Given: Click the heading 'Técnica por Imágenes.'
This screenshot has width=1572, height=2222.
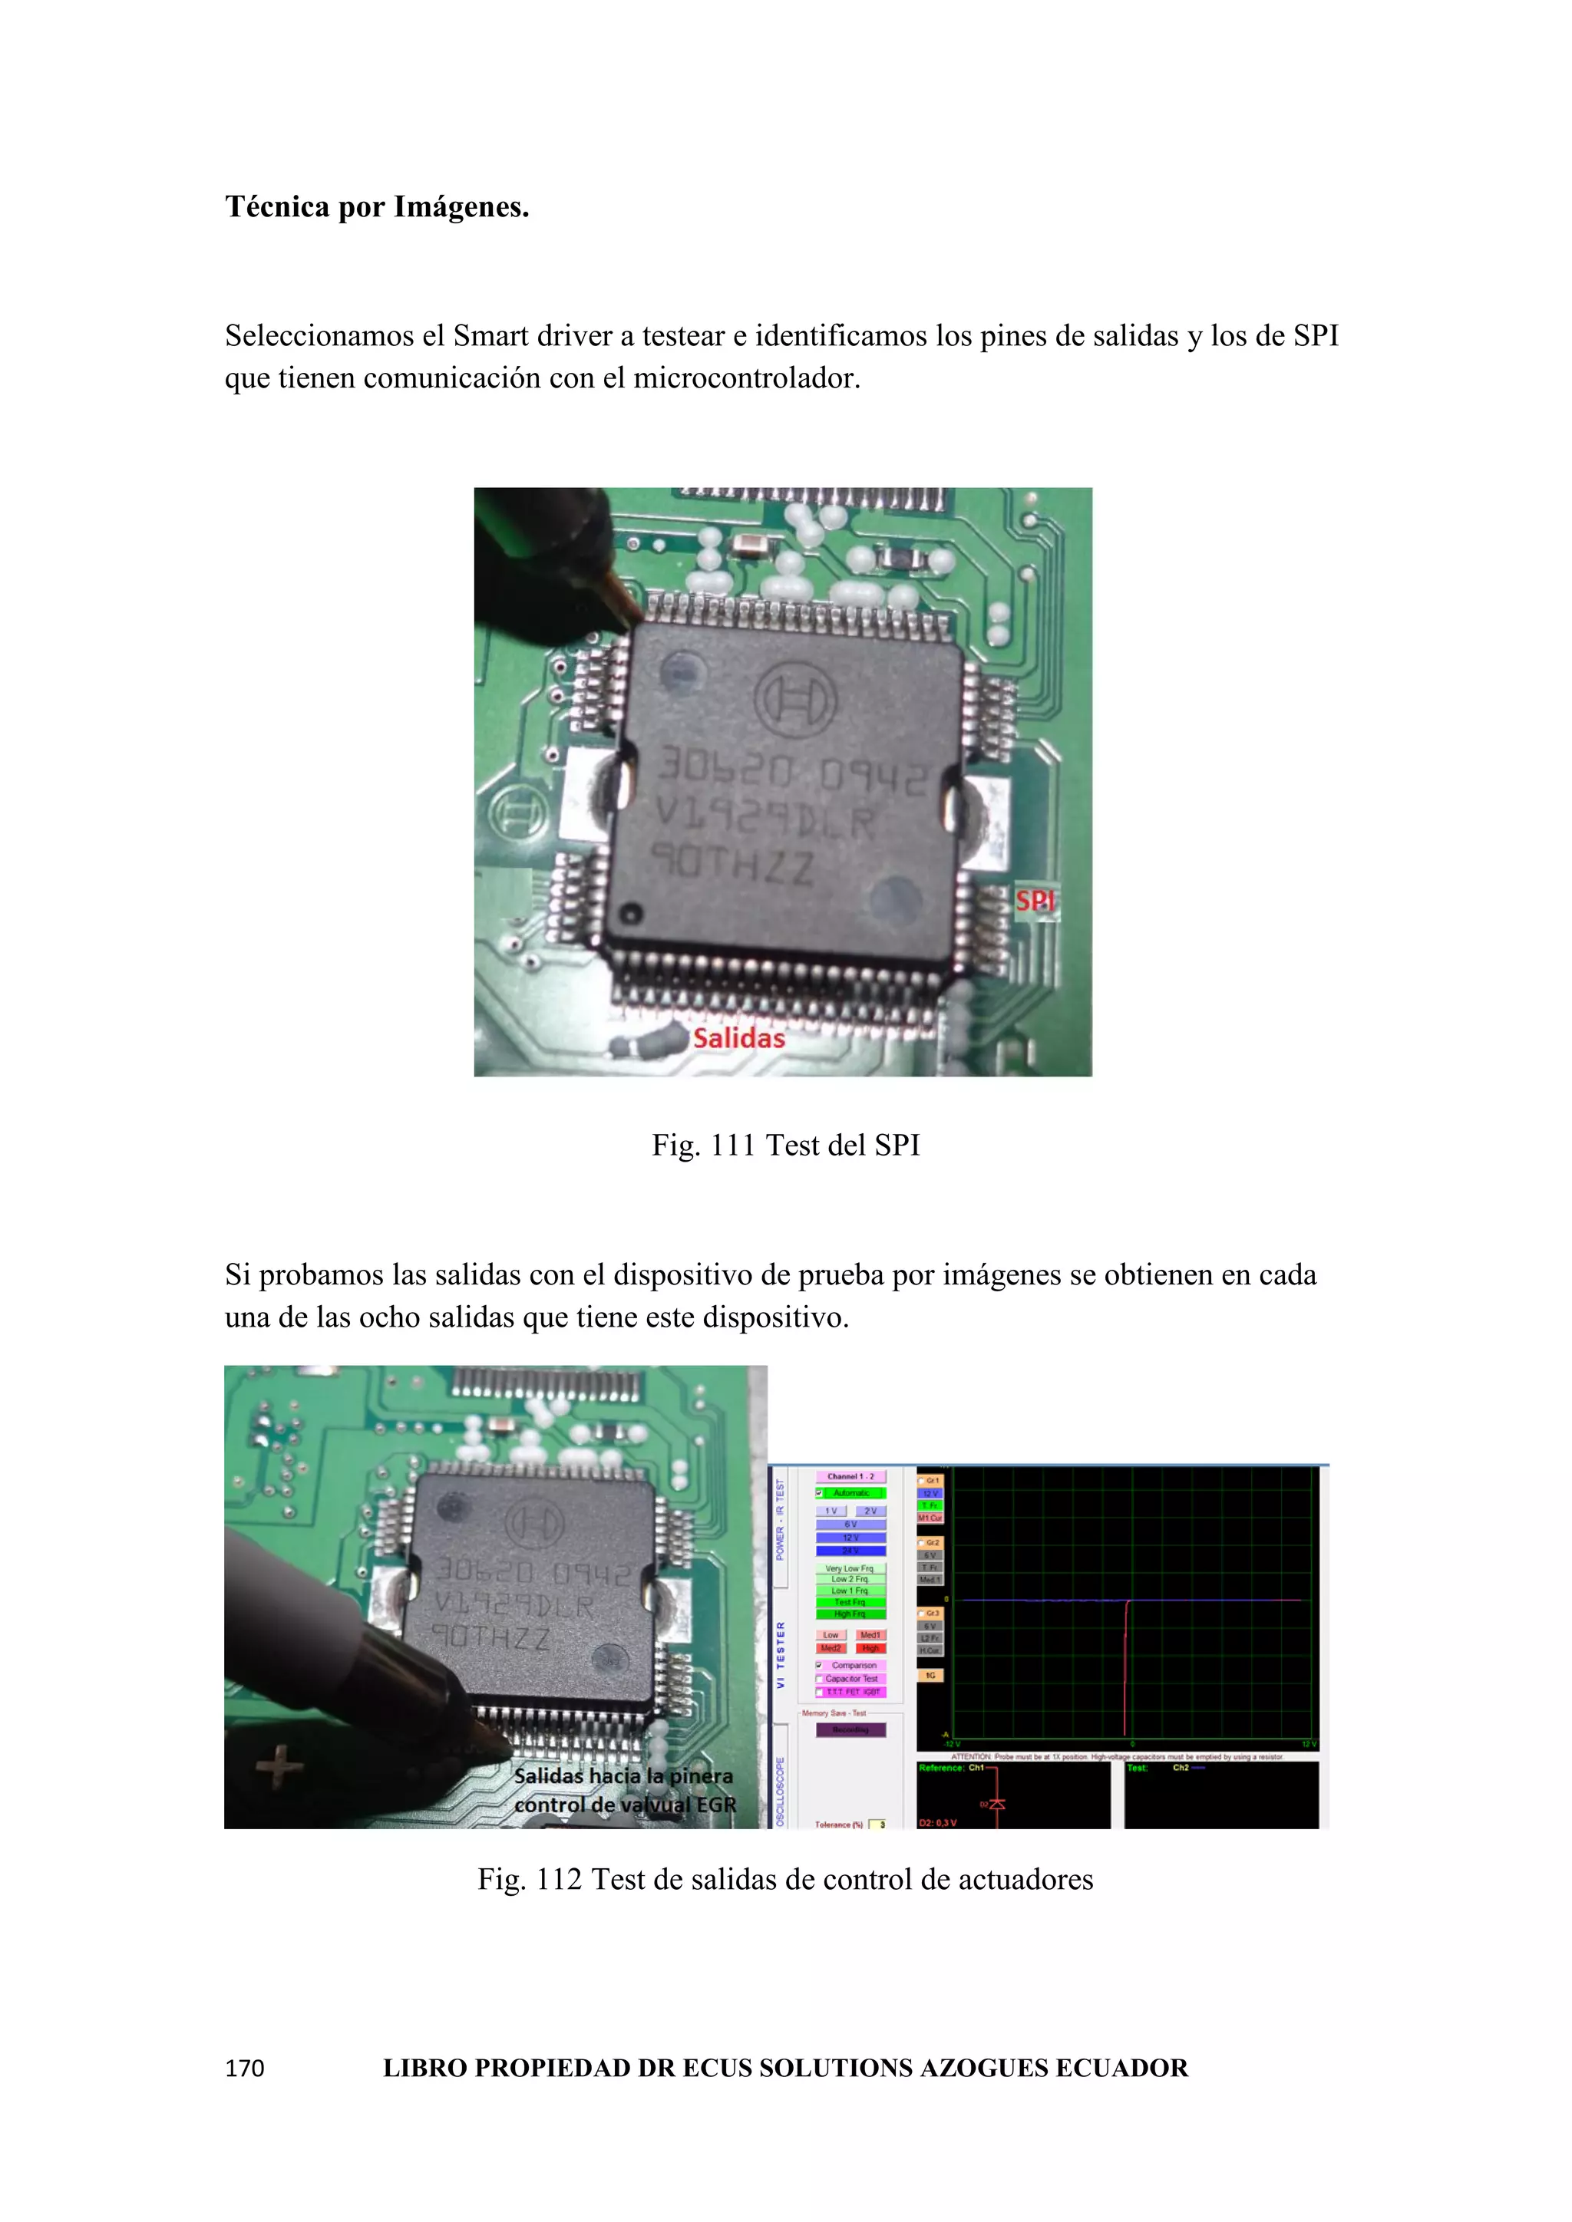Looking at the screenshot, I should point(377,207).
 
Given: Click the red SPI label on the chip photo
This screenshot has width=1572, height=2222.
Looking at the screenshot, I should point(1035,901).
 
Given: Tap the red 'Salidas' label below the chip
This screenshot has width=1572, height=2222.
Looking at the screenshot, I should point(738,1038).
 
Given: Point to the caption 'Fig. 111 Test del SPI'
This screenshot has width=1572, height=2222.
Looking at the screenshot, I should point(785,1145).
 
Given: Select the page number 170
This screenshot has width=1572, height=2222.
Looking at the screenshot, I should point(244,2068).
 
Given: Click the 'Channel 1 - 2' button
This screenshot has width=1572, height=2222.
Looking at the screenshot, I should point(850,1477).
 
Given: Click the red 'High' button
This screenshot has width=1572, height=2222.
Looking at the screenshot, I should point(870,1648).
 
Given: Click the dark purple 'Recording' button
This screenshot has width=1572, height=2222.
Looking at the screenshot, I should point(850,1729).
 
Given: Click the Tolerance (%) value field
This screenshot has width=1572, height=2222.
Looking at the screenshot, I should point(878,1825).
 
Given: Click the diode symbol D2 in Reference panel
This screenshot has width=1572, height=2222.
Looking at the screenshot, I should point(997,1804).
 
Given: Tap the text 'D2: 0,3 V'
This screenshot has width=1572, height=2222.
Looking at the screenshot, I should point(938,1823).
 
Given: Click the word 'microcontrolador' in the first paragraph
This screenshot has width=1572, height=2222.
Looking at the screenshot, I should point(746,378).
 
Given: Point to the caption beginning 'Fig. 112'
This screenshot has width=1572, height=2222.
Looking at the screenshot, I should point(785,1879).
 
